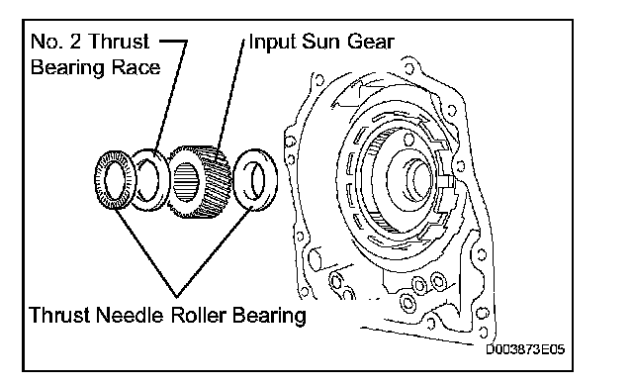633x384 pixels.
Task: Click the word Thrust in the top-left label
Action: [x=119, y=42]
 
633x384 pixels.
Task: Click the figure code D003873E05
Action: [x=525, y=349]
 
